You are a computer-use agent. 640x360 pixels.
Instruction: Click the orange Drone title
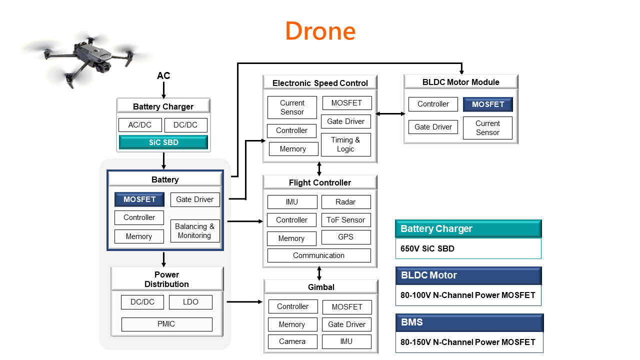click(x=320, y=31)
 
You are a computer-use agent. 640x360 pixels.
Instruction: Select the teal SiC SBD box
click(x=163, y=142)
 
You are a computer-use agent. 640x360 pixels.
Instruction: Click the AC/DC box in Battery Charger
click(x=140, y=125)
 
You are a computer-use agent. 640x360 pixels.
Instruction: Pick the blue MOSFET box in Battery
click(x=139, y=199)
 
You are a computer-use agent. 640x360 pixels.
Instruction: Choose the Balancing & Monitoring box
click(x=194, y=231)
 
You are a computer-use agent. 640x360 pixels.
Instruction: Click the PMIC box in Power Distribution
click(x=166, y=324)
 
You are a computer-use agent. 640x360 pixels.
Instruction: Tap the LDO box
click(x=190, y=302)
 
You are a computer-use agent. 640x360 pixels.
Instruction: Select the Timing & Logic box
click(x=345, y=144)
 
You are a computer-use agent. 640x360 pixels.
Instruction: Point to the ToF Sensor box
click(x=345, y=220)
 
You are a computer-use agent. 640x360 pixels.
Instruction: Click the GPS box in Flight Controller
click(x=345, y=237)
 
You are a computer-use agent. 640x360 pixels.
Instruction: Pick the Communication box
click(x=319, y=255)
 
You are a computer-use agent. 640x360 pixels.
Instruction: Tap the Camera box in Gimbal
click(x=292, y=341)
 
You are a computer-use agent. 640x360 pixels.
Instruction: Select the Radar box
click(x=345, y=202)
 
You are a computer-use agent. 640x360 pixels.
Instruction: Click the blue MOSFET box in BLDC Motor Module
click(x=487, y=104)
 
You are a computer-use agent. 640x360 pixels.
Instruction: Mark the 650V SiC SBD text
click(x=427, y=248)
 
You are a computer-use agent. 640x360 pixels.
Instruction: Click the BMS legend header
click(x=469, y=322)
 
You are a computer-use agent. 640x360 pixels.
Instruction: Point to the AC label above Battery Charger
click(x=163, y=76)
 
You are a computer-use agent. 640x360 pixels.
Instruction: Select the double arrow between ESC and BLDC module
click(x=390, y=114)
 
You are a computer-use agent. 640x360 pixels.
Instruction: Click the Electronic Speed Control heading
click(x=320, y=83)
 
